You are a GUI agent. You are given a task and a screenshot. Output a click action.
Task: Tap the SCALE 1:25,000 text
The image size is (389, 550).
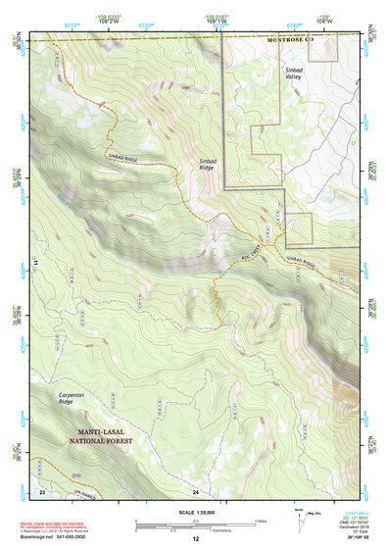[195, 512]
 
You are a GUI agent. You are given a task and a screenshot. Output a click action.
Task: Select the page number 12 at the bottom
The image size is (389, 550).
[195, 540]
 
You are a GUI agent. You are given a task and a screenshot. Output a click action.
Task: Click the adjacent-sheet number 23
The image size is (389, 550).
[42, 489]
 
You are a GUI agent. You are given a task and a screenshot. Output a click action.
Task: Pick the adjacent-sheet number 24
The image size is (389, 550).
[195, 489]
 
